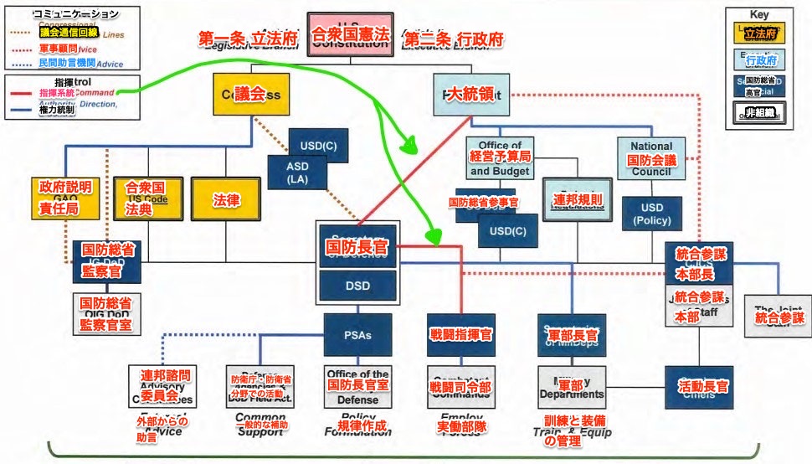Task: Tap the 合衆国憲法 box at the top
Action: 351,35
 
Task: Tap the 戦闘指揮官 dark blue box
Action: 460,334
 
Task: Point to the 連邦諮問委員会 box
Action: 164,384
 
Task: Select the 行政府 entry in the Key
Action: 760,60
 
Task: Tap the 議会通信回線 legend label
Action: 69,32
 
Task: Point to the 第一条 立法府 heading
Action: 246,39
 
